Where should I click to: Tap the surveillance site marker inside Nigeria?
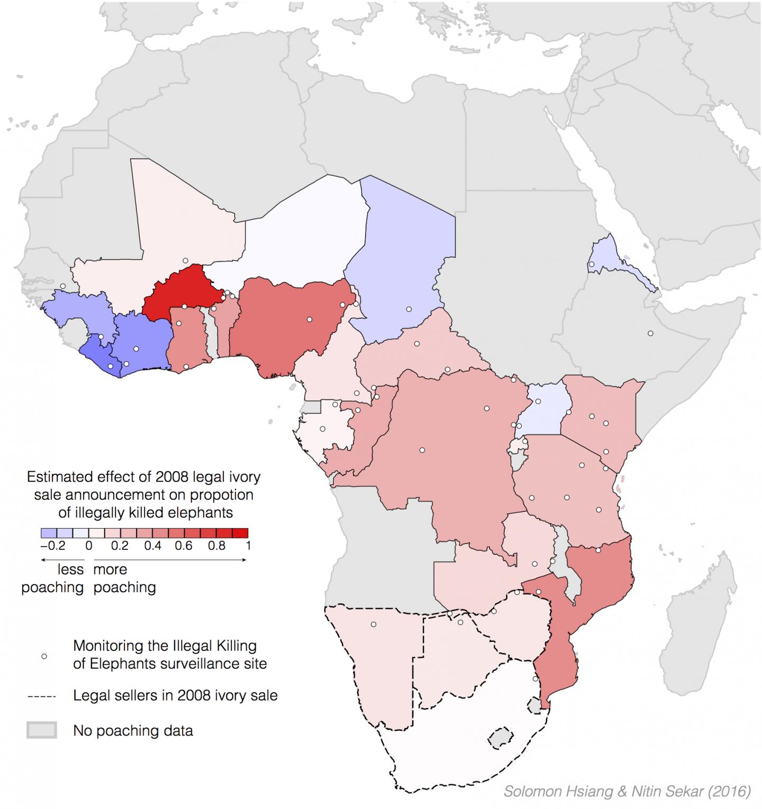tap(309, 319)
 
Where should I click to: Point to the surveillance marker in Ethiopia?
tap(650, 333)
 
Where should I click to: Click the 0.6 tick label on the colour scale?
tap(184, 545)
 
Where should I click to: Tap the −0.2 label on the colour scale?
tap(52, 545)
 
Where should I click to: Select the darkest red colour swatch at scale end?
tap(240, 533)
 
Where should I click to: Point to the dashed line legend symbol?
tap(42, 696)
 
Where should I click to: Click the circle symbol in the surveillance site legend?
tap(44, 656)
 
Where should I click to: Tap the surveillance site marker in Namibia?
tap(373, 624)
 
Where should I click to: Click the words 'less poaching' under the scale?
tap(53, 578)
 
